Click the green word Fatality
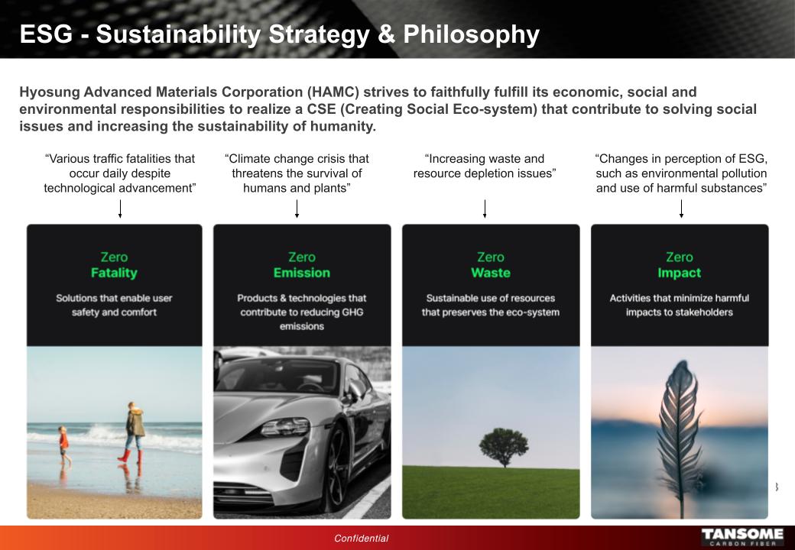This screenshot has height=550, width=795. (x=114, y=273)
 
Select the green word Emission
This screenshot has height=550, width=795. (x=302, y=273)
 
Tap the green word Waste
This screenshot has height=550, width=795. (x=490, y=273)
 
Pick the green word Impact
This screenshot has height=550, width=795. (x=680, y=273)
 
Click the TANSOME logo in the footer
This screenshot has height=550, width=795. (x=742, y=537)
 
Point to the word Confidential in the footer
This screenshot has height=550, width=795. (x=361, y=539)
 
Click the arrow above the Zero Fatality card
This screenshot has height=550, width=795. (x=120, y=209)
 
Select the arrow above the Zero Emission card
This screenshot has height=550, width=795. (x=297, y=209)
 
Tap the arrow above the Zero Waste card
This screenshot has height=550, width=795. (x=485, y=209)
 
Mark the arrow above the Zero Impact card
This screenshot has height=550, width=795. (x=681, y=209)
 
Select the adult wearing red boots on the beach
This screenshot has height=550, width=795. (x=133, y=432)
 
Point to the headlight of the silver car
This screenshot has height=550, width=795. (x=285, y=427)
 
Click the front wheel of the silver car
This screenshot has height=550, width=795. (x=336, y=468)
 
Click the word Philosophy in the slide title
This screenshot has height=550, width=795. (x=471, y=34)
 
